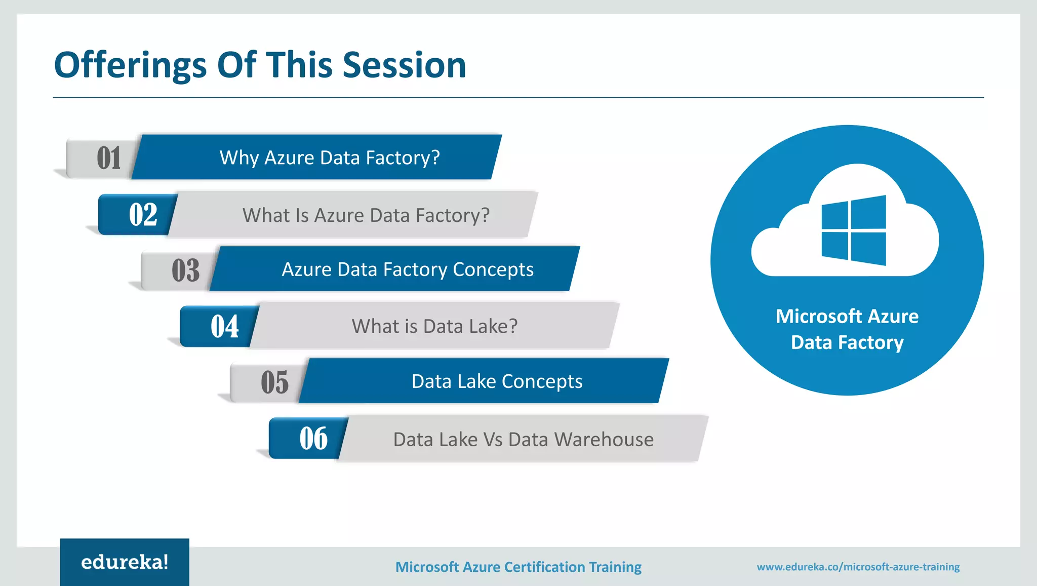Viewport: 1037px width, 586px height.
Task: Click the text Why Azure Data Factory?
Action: pyautogui.click(x=330, y=158)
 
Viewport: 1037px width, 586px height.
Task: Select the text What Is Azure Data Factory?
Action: pyautogui.click(x=366, y=215)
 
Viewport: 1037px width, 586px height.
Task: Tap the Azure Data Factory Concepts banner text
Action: pyautogui.click(x=407, y=269)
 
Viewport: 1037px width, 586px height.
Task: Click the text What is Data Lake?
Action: pyautogui.click(x=434, y=326)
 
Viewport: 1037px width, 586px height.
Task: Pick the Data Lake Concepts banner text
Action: pyautogui.click(x=497, y=381)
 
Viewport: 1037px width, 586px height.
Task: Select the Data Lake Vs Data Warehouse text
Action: pyautogui.click(x=523, y=440)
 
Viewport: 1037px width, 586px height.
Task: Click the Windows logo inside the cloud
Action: pyautogui.click(x=854, y=230)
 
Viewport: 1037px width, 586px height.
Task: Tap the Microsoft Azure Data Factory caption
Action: pyautogui.click(x=847, y=329)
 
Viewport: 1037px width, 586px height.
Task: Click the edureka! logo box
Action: pyautogui.click(x=125, y=562)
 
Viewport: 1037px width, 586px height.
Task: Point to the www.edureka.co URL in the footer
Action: pyautogui.click(x=858, y=567)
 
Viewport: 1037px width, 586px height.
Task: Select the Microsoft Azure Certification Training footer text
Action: pyautogui.click(x=518, y=567)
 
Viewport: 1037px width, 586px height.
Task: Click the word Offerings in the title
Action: pyautogui.click(x=130, y=66)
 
